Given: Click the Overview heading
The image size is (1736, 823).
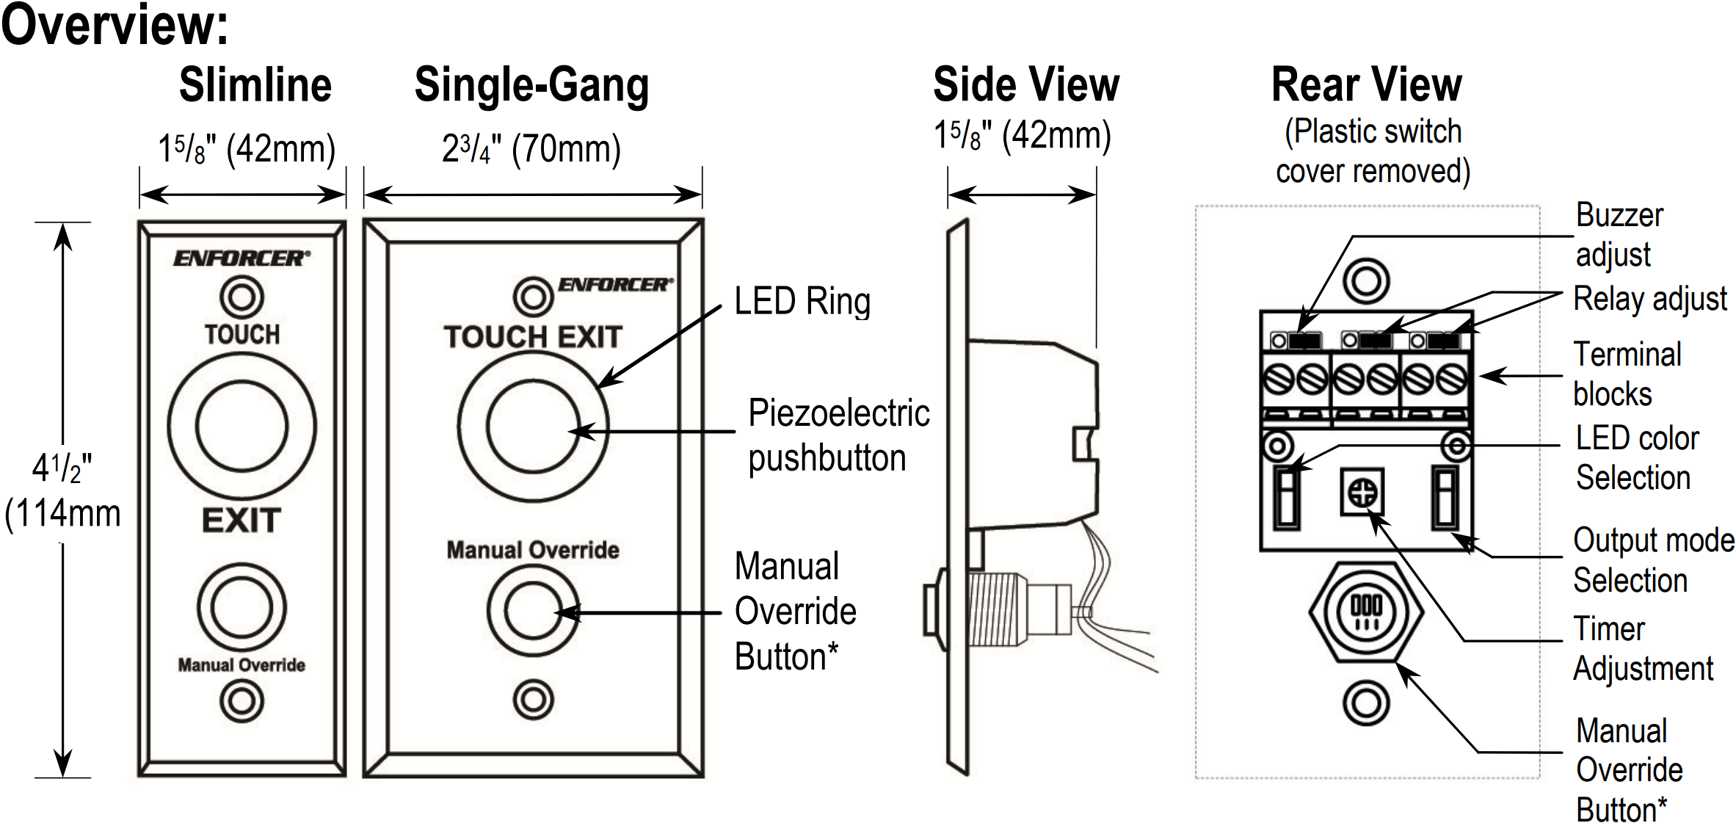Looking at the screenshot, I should [115, 25].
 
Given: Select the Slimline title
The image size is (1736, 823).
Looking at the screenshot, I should [255, 84].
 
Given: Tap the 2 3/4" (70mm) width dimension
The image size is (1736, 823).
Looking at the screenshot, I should [531, 150].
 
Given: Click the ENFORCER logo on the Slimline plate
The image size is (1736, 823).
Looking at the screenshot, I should [241, 258].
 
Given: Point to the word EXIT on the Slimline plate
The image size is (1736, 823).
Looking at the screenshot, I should [241, 521].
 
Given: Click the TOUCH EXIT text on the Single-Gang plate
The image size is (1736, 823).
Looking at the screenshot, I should [533, 337].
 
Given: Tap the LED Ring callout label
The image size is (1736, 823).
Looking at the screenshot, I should [802, 302].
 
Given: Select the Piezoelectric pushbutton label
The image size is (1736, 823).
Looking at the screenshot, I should [838, 435].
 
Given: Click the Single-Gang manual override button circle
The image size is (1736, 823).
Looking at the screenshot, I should [533, 610].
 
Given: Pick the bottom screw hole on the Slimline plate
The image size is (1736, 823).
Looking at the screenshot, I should [241, 700].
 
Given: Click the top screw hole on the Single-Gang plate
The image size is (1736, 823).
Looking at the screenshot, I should [533, 297].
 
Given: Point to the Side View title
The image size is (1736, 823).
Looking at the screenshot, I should [1025, 84].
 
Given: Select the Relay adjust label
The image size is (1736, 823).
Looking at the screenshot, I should [1649, 299].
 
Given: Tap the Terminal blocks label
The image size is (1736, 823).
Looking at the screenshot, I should [1626, 374].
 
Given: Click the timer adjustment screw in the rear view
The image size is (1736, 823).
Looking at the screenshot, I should [1363, 492].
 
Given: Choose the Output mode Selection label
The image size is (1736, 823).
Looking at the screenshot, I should [1652, 559].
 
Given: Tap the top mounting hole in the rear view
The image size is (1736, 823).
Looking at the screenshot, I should [1366, 281].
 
